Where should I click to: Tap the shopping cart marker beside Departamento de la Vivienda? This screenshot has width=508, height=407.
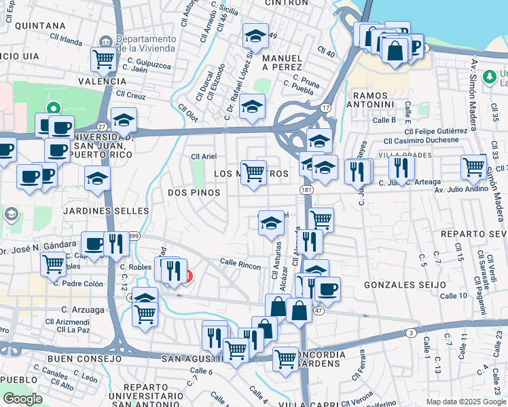103,59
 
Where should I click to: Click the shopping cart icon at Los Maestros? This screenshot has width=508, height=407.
253,172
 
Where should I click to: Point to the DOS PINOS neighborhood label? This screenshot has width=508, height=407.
194,193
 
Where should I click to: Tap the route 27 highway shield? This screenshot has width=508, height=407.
102,126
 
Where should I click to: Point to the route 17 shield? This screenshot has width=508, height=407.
326,108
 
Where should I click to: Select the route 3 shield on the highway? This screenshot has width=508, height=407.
412,332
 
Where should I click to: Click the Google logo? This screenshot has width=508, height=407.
22,399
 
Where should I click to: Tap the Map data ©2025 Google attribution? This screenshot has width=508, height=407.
466,402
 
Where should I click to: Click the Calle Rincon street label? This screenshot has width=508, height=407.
240,265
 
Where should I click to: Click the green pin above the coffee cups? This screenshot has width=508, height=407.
53,108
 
